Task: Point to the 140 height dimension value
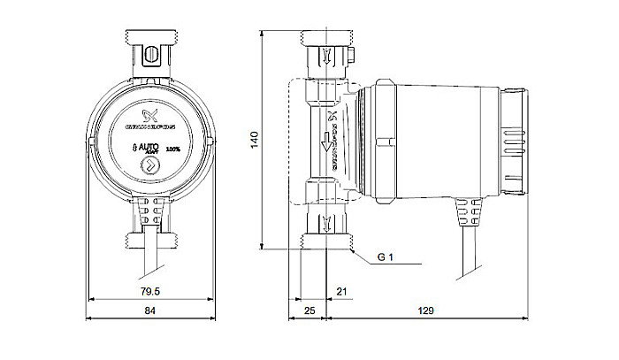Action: click(256, 140)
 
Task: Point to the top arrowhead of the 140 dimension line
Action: click(265, 33)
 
